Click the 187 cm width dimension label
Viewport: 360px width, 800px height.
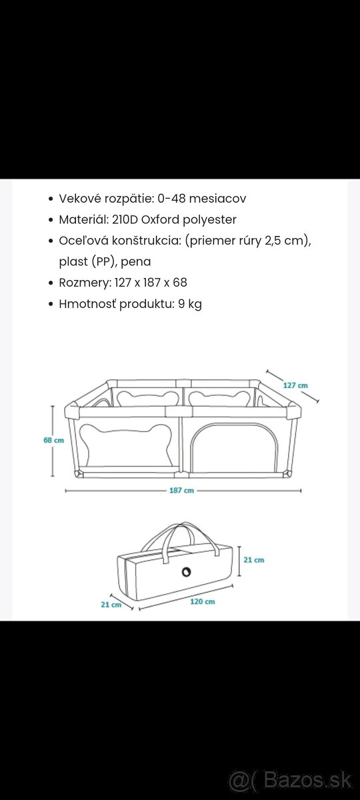tap(181, 491)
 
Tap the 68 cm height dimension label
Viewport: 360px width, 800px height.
tap(53, 441)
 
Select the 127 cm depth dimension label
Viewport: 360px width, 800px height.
tap(295, 385)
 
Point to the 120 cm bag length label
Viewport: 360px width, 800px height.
tap(203, 601)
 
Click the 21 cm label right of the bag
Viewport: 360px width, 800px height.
tap(254, 559)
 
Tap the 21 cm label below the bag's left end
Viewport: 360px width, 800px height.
tap(111, 605)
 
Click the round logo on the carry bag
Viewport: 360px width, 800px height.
tap(187, 572)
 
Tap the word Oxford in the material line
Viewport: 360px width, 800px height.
tap(161, 219)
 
